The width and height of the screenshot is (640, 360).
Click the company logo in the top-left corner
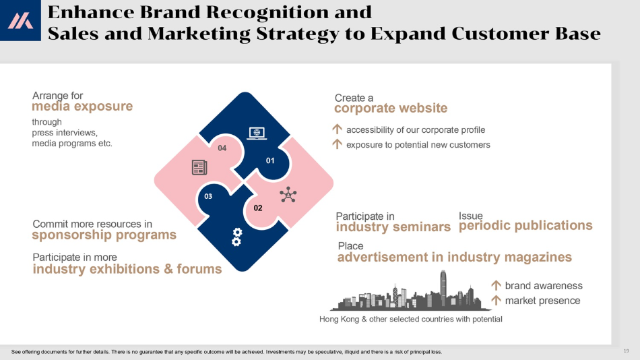[x=20, y=20]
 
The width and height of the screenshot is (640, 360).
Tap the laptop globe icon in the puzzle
[x=257, y=133]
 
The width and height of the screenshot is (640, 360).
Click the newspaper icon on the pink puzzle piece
[x=199, y=168]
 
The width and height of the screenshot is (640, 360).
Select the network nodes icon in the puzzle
[x=288, y=195]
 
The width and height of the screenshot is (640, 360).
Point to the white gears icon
[x=236, y=237]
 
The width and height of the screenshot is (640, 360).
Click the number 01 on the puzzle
[x=270, y=161]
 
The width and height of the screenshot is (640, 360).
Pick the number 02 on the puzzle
[x=258, y=208]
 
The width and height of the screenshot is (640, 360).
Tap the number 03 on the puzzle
[x=208, y=197]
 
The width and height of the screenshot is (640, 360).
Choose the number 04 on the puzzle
[x=222, y=148]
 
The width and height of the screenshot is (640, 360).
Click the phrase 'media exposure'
[x=82, y=107]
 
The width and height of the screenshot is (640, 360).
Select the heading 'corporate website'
[x=391, y=109]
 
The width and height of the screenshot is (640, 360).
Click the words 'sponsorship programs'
[x=104, y=235]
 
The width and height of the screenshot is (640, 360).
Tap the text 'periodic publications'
[x=525, y=226]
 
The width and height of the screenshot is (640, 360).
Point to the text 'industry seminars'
[x=393, y=227]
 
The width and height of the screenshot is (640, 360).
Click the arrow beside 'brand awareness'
[x=496, y=285]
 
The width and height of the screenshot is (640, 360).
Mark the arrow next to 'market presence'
[x=496, y=301]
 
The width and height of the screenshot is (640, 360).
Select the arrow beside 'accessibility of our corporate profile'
[x=337, y=129]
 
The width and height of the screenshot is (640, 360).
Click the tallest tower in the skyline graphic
[x=443, y=288]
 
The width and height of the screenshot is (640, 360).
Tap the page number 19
[x=626, y=351]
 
